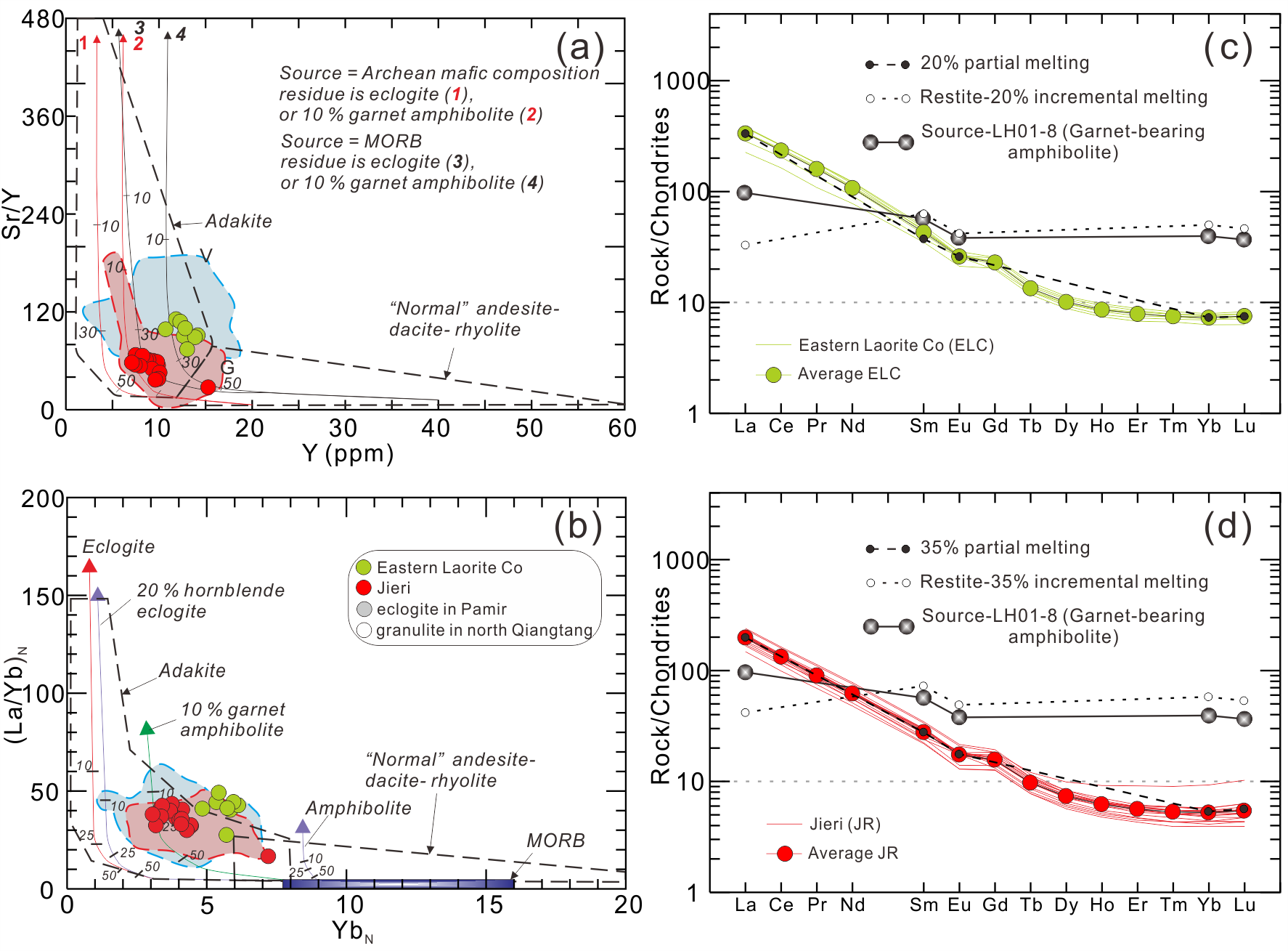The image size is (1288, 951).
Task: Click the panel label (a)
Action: tap(579, 48)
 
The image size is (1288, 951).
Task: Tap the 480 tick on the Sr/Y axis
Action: tap(43, 20)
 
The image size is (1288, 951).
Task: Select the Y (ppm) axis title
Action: tap(348, 453)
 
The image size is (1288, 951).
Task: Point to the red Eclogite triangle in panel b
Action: tap(89, 566)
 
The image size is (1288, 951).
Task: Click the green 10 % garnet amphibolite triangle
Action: tap(147, 728)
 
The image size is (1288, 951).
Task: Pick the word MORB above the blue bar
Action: tap(555, 841)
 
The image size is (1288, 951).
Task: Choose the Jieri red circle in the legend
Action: tap(364, 588)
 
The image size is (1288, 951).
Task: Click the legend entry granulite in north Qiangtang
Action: tap(484, 630)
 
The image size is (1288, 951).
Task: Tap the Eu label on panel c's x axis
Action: tap(959, 426)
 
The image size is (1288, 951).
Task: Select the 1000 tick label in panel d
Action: tap(680, 560)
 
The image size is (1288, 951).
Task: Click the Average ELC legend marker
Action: tap(773, 375)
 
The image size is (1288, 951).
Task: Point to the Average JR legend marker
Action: tap(784, 854)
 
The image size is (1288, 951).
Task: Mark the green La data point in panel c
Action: tap(745, 133)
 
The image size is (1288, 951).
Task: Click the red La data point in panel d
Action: tap(745, 637)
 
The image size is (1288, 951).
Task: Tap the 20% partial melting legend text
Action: tap(1005, 63)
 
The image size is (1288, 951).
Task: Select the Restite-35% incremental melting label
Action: tap(1064, 582)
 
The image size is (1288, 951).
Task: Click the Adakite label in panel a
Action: tap(238, 222)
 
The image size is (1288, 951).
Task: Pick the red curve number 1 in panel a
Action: tap(83, 44)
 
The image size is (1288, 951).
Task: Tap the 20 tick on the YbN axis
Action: tap(628, 905)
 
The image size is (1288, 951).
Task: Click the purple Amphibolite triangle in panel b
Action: tap(303, 826)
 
